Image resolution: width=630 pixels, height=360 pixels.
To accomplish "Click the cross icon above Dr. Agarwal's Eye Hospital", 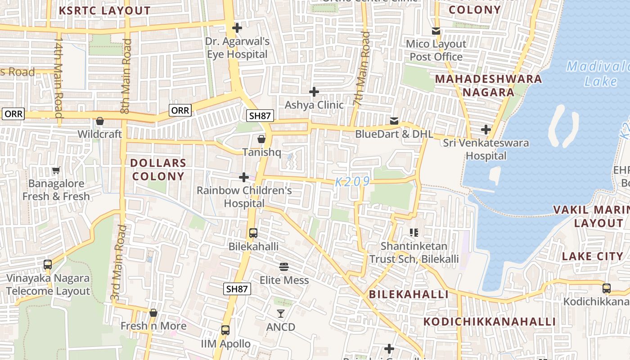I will pos(237,28).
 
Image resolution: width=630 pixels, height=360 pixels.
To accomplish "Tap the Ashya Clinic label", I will pos(314,105).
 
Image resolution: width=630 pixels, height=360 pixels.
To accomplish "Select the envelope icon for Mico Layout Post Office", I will pos(436,31).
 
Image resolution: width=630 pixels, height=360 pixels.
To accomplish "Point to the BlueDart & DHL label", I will pos(394,134).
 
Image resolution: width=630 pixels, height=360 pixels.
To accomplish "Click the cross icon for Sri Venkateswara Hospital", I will pos(486,130).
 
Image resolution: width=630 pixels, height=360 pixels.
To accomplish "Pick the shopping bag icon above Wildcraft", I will pos(100,121).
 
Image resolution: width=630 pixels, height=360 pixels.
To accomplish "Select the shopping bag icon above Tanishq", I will pos(261,139).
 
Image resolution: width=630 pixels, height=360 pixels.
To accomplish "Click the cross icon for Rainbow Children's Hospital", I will pos(244,177).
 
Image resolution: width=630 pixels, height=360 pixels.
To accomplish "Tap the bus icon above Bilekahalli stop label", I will pos(253,233).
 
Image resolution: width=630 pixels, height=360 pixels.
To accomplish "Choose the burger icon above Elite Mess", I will pos(284,267).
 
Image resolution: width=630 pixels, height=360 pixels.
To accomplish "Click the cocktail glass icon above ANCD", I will pos(281,313).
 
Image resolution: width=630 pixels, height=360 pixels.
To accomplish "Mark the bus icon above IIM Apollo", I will pos(225,330).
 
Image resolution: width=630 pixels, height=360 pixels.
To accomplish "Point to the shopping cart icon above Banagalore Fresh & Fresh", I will pos(56,171).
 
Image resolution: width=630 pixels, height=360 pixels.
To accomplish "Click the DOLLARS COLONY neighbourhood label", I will pos(158,170).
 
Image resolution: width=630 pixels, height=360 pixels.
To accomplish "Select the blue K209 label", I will pos(353,182).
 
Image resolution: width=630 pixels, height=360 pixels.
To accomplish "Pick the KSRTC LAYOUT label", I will pos(105,11).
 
